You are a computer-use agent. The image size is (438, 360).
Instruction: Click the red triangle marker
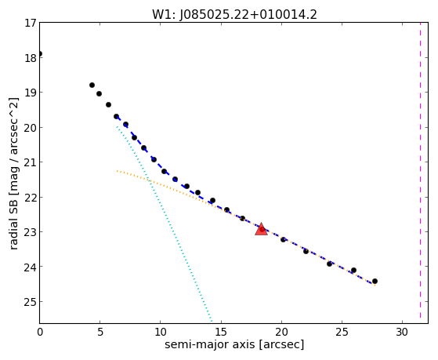(261, 229)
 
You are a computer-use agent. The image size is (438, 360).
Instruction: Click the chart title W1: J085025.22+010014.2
(234, 15)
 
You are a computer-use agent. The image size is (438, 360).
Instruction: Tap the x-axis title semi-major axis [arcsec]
(234, 344)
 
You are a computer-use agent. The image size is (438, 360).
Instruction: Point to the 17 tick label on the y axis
(31, 23)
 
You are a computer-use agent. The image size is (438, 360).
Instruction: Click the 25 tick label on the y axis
(31, 301)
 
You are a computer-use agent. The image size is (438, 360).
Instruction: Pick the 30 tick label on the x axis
(402, 332)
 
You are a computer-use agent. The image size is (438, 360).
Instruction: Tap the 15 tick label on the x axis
(221, 332)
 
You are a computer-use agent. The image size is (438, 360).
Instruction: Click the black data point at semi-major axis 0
(40, 53)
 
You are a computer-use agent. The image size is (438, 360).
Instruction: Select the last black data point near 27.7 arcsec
(375, 281)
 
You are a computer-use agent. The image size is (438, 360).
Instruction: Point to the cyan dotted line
(165, 224)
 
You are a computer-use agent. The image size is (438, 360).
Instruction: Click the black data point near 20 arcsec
(283, 239)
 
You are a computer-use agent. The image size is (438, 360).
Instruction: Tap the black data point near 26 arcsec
(353, 270)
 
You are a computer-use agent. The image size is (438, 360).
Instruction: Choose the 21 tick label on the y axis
(31, 162)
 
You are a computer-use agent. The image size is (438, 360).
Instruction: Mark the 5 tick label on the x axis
(100, 332)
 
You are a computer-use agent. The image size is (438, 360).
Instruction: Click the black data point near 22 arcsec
(306, 251)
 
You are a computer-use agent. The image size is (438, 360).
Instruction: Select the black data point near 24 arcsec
(329, 264)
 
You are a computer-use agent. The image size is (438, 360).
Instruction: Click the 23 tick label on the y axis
(31, 232)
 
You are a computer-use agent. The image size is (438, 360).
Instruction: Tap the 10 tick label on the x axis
(161, 332)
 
